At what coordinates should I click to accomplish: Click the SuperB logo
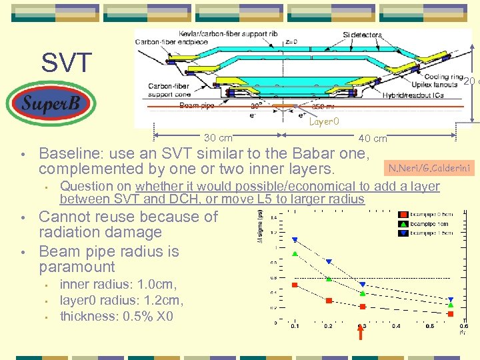(x=51, y=103)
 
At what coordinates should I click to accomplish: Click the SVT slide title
(x=67, y=63)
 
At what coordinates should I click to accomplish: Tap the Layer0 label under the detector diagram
(x=324, y=121)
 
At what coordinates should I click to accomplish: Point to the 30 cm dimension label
(x=218, y=138)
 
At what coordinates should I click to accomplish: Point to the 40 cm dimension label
(x=373, y=138)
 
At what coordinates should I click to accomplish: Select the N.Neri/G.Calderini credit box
(x=429, y=167)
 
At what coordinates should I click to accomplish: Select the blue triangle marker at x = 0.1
(x=295, y=240)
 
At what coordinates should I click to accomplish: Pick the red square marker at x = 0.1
(x=295, y=285)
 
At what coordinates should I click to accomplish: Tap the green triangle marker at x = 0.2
(x=329, y=279)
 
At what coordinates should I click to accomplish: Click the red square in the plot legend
(x=404, y=215)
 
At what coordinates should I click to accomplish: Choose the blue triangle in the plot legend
(x=404, y=232)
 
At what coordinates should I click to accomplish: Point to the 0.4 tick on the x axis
(x=396, y=326)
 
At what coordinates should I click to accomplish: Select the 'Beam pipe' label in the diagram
(x=197, y=106)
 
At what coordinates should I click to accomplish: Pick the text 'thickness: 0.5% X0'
(x=117, y=316)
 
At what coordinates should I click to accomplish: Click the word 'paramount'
(x=77, y=267)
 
